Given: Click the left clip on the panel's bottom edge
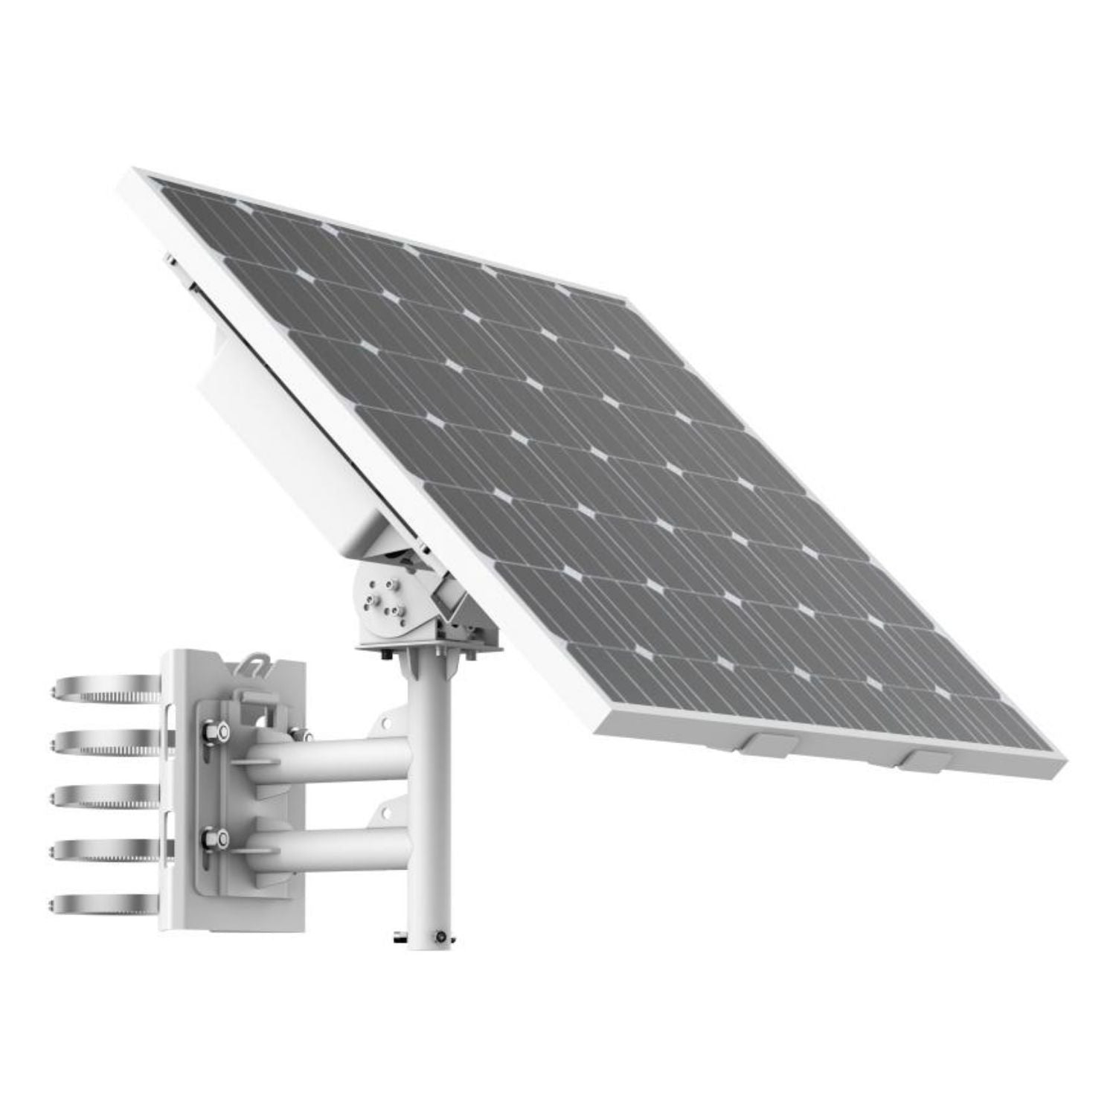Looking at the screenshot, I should (769, 744).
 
